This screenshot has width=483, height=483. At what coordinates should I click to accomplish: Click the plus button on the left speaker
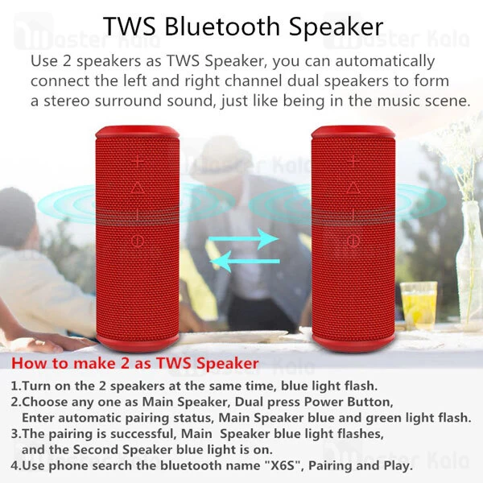tap(138, 161)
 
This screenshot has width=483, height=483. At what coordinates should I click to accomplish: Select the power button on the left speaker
tap(138, 240)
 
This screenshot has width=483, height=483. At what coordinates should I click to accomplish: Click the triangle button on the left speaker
tap(138, 188)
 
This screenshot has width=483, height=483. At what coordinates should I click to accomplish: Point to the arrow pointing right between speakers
tap(244, 239)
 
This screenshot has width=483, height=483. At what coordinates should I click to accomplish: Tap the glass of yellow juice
tap(418, 304)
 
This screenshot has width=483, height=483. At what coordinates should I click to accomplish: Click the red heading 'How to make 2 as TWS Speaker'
tap(135, 364)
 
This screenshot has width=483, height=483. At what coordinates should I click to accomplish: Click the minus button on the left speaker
tap(138, 214)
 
